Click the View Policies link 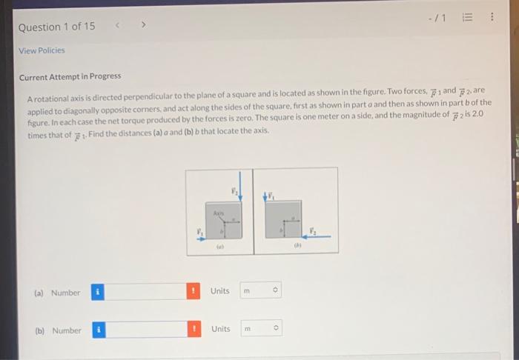[42, 50]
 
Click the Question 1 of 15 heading [57, 27]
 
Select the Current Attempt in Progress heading [70, 76]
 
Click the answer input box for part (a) [145, 292]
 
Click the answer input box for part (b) [145, 330]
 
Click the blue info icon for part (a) [97, 292]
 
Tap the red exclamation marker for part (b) [194, 329]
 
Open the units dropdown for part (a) [261, 291]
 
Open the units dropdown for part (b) [261, 329]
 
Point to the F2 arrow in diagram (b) [317, 236]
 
